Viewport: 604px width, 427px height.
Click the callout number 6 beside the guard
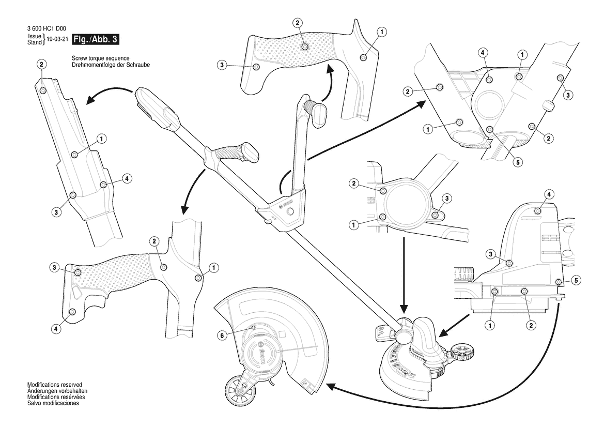[x=222, y=335]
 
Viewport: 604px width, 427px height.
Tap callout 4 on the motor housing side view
[x=550, y=193]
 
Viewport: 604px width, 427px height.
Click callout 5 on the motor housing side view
[x=577, y=280]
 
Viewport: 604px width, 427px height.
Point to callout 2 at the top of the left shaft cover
[x=41, y=64]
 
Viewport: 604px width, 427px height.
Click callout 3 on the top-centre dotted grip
[x=222, y=65]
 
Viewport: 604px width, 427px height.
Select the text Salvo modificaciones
[x=53, y=403]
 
